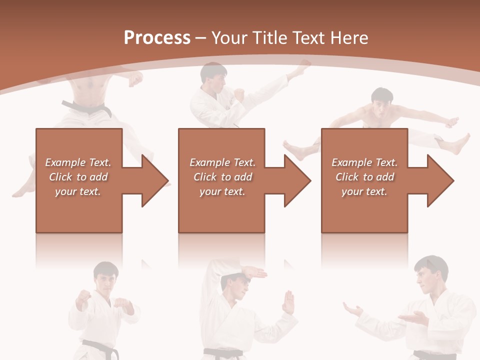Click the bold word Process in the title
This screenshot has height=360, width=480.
[157, 38]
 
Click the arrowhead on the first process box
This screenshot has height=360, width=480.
[155, 180]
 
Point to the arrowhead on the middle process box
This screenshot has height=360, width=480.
[298, 180]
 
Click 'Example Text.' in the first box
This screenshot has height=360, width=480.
[78, 162]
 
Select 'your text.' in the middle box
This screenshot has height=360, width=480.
[222, 191]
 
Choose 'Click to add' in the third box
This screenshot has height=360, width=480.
[364, 177]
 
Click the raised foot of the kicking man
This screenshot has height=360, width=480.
[303, 68]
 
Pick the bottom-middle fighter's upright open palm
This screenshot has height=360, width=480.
[288, 302]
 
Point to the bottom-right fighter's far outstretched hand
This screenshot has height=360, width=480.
[353, 310]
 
